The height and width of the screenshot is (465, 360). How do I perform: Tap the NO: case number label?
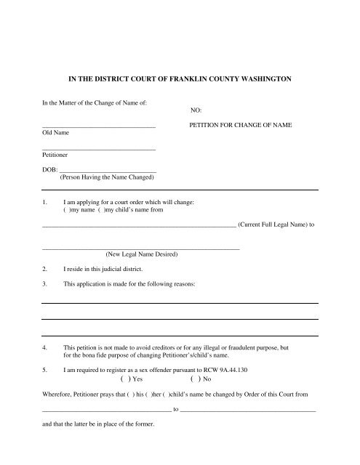coord(195,111)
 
